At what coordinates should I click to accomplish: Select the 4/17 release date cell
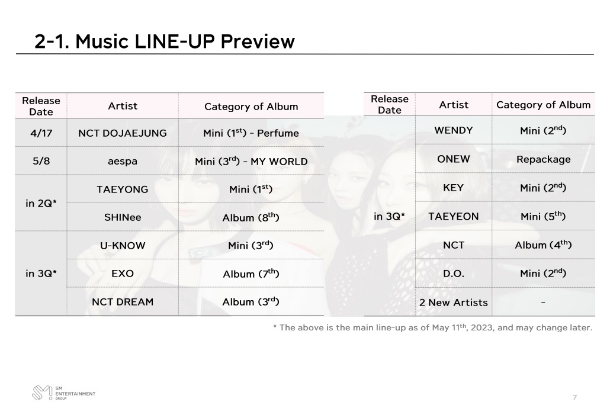(41, 133)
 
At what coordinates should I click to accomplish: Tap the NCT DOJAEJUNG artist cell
(123, 133)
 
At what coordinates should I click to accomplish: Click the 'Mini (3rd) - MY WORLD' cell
(251, 161)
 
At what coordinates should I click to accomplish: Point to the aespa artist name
(123, 161)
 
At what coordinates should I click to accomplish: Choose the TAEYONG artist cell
(123, 189)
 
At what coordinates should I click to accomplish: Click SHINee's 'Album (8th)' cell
(251, 217)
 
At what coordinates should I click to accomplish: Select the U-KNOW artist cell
(123, 245)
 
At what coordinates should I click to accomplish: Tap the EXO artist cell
(123, 274)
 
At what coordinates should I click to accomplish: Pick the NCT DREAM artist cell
(123, 302)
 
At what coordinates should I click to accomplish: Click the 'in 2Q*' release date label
(41, 203)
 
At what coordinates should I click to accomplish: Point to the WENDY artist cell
(454, 130)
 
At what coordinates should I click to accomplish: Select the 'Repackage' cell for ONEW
(544, 159)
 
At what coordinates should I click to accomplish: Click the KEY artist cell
(454, 188)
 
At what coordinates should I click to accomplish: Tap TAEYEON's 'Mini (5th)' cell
(544, 216)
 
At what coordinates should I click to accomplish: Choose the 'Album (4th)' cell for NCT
(544, 245)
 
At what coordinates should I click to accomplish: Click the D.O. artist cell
(454, 274)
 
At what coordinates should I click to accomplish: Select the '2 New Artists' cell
(454, 302)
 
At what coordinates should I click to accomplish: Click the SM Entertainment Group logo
(63, 393)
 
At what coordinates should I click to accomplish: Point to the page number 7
(574, 397)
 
